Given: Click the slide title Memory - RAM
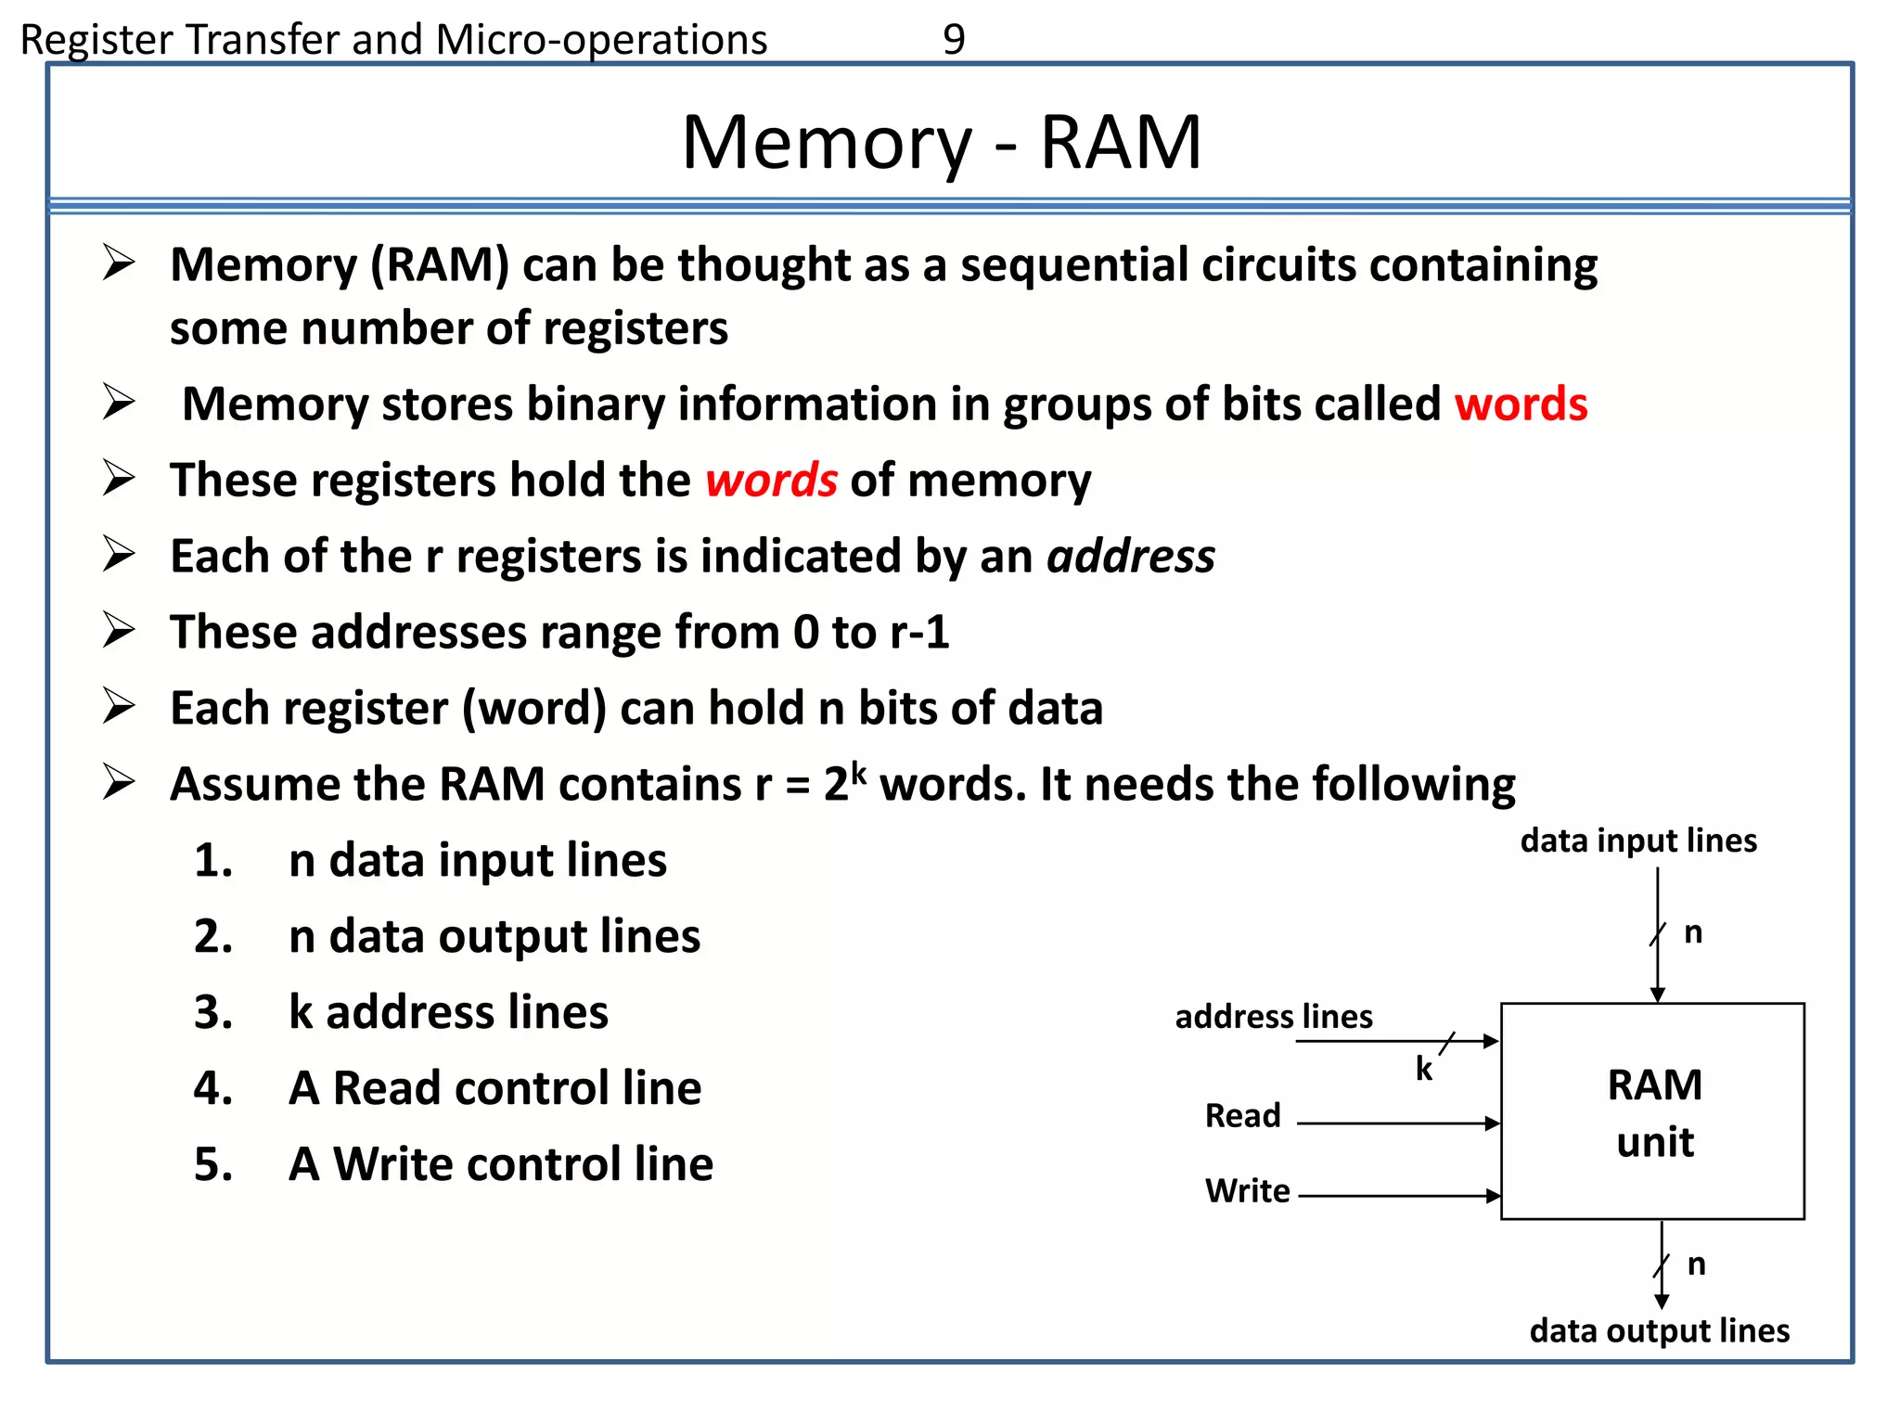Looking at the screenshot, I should click(x=941, y=142).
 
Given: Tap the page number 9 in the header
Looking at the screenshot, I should click(x=954, y=39).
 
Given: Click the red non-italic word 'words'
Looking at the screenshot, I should click(x=1521, y=404).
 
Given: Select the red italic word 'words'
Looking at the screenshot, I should click(x=771, y=481).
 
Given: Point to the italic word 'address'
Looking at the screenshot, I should click(x=1130, y=557).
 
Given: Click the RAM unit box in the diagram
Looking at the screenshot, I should click(x=1652, y=1111).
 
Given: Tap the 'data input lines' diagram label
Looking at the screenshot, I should click(x=1637, y=841).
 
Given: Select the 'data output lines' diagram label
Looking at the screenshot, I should click(x=1659, y=1330).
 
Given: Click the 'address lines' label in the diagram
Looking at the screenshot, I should click(x=1273, y=1017).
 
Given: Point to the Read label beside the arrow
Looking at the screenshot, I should click(x=1242, y=1115).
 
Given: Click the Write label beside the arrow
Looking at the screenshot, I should click(x=1247, y=1190).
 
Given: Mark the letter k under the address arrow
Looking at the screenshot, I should click(x=1424, y=1069).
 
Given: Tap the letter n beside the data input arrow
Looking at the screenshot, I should click(x=1693, y=932).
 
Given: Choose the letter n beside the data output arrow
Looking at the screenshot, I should click(x=1696, y=1264).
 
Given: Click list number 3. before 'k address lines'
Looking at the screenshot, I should click(x=212, y=1012).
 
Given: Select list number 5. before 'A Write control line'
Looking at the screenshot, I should click(x=212, y=1164).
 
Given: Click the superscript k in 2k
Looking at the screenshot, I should click(x=858, y=772).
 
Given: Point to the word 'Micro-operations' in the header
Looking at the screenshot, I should click(x=601, y=40).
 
